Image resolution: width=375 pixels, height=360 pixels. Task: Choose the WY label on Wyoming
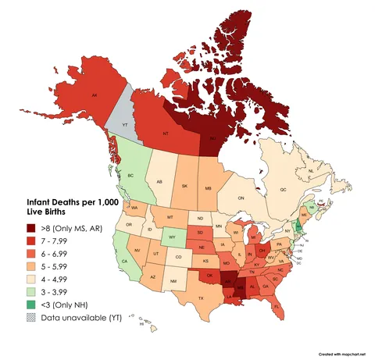pyautogui.click(x=170, y=235)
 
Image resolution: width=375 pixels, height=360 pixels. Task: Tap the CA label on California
pyautogui.click(x=125, y=261)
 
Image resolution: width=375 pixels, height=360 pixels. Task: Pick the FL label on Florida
pyautogui.click(x=277, y=307)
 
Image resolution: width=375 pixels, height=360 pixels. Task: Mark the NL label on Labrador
pyautogui.click(x=310, y=170)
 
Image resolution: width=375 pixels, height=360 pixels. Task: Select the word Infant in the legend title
pyautogui.click(x=33, y=201)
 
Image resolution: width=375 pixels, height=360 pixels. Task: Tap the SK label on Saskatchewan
pyautogui.click(x=184, y=186)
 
